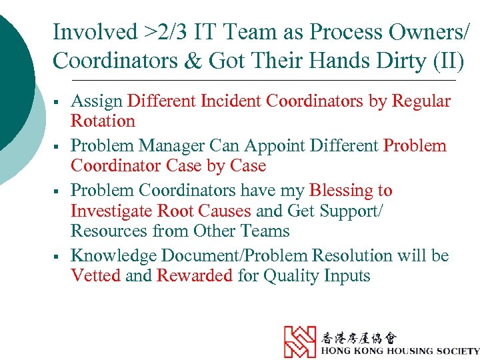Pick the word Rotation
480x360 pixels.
click(x=103, y=121)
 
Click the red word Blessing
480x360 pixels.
click(x=351, y=190)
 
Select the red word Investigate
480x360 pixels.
click(x=111, y=211)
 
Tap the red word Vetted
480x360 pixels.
click(x=95, y=275)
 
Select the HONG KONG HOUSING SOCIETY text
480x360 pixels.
click(x=399, y=351)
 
